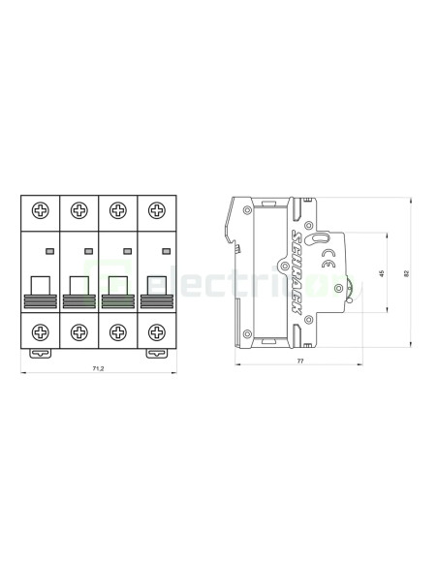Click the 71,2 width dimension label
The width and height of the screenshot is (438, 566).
98,369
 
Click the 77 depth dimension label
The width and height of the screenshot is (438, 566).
300,361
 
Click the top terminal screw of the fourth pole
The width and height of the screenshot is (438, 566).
155,210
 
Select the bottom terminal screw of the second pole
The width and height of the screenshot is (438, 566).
78,330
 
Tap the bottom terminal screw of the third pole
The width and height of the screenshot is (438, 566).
117,330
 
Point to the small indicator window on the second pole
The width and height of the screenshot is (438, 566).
88,251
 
